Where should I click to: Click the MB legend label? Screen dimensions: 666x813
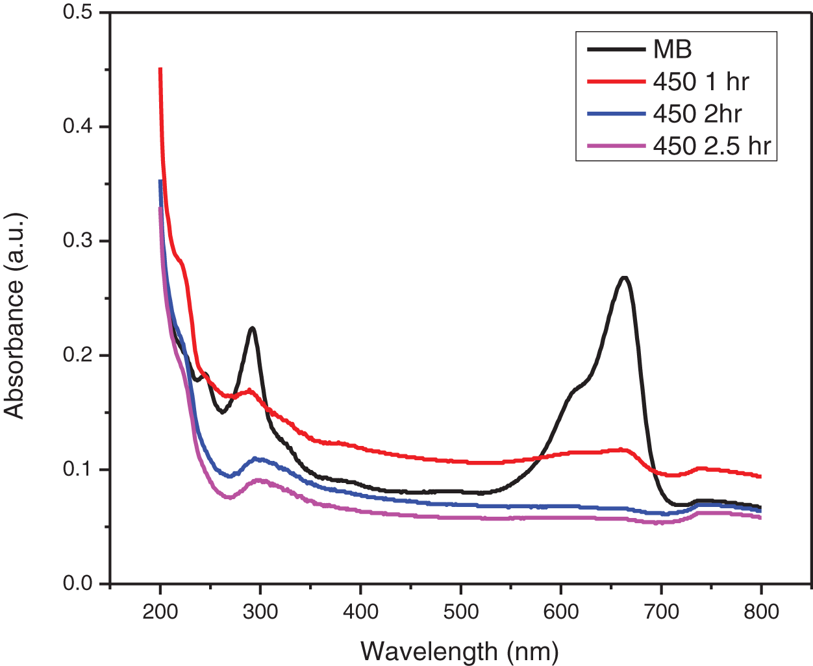(x=673, y=49)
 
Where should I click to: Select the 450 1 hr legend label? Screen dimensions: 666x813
(x=701, y=82)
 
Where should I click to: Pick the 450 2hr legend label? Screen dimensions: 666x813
(x=697, y=114)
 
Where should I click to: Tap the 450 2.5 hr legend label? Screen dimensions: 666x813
(x=712, y=146)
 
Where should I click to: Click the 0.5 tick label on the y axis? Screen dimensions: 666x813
(x=77, y=12)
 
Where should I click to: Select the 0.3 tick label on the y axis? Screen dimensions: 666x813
(x=77, y=241)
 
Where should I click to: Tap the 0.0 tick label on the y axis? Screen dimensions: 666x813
(x=77, y=584)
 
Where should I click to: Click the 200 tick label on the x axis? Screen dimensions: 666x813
(x=160, y=611)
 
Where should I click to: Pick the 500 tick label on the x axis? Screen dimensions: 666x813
(x=460, y=611)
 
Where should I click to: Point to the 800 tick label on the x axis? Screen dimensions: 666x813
(x=760, y=611)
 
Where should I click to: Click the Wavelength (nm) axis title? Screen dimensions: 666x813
(x=460, y=650)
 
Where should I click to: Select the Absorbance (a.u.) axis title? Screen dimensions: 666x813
(x=14, y=315)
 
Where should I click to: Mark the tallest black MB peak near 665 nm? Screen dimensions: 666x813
(x=625, y=278)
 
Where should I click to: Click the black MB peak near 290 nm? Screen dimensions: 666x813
(x=252, y=328)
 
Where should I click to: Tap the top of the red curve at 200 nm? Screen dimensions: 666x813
(x=160, y=69)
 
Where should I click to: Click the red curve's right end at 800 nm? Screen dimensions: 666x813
(x=760, y=476)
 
